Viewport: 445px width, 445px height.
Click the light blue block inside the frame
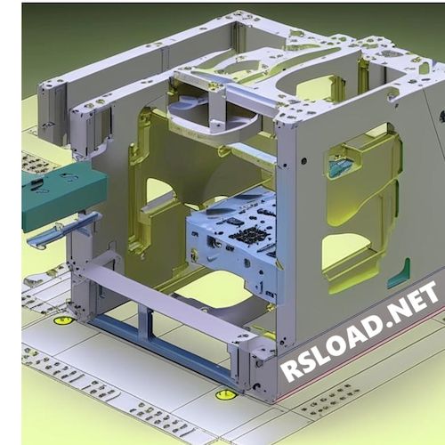[x=235, y=239]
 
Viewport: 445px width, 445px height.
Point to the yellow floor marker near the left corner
[x=62, y=319]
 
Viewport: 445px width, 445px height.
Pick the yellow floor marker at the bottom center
[x=226, y=392]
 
